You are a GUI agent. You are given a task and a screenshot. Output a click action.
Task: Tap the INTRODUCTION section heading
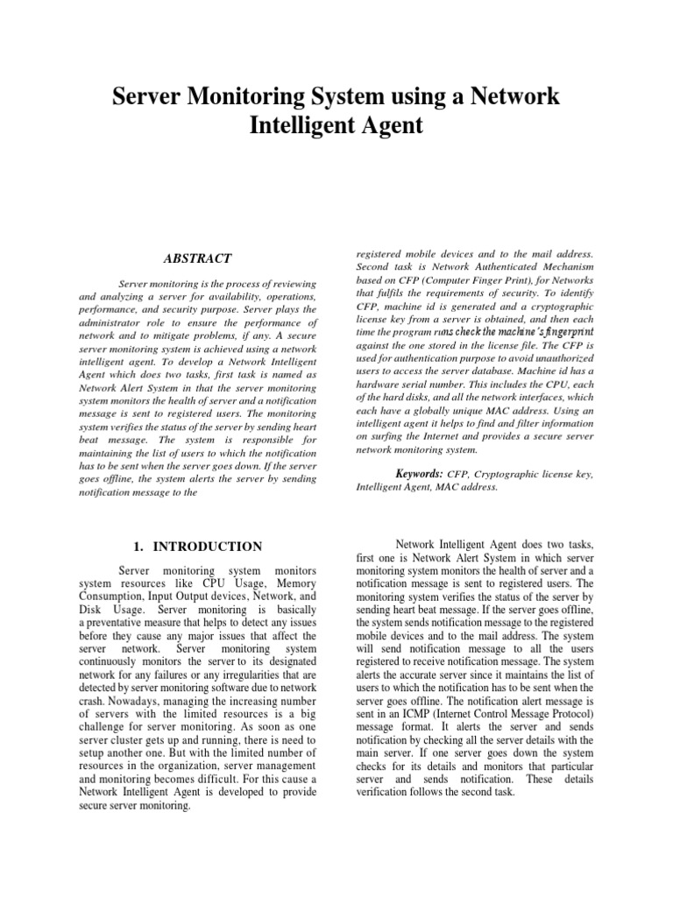point(208,547)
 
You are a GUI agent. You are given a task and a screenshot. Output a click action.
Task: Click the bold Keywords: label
point(423,474)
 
